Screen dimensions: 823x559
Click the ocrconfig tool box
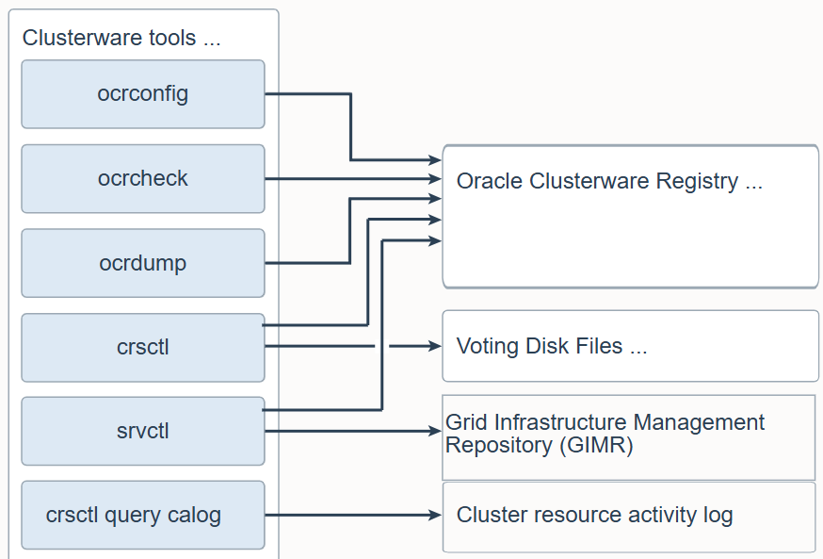pos(143,94)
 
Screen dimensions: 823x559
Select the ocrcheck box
pos(143,178)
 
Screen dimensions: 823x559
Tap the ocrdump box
pos(143,263)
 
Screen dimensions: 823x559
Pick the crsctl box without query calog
pos(143,347)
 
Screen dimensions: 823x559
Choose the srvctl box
pos(143,431)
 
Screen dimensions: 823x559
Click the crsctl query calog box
pos(143,515)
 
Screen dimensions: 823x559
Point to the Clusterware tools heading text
pos(121,38)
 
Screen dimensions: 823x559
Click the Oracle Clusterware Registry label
pos(609,181)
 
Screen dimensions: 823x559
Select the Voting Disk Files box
pos(630,346)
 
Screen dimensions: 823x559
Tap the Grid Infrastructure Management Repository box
pos(629,437)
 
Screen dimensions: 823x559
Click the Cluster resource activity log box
pos(630,517)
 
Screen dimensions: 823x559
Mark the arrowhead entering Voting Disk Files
pos(436,346)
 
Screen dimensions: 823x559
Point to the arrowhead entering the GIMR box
pos(436,432)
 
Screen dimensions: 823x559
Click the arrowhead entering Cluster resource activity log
pos(436,516)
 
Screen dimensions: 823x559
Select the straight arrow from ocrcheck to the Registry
pos(353,178)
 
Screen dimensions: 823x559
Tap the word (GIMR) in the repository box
pos(596,445)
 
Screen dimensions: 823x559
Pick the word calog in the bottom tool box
pos(194,516)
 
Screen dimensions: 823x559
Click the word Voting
pos(488,346)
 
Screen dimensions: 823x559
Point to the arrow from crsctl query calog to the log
pos(353,516)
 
